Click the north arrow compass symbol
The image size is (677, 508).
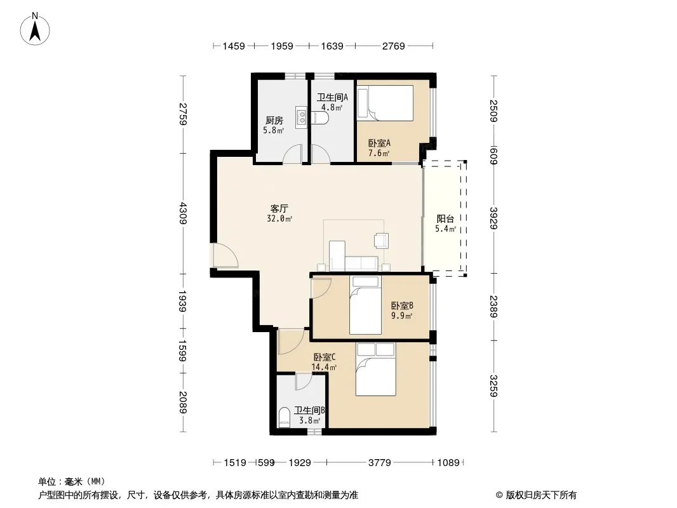[x=35, y=29]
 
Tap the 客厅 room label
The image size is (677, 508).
[x=279, y=209]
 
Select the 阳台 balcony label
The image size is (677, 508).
[x=445, y=219]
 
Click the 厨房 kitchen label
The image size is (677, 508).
[x=274, y=121]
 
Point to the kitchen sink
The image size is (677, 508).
[x=302, y=117]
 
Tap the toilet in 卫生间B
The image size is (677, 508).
[x=285, y=417]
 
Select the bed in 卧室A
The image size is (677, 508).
[x=385, y=103]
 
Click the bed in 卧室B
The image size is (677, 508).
[x=365, y=305]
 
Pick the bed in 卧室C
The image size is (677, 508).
[x=375, y=369]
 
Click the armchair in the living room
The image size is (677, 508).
[x=381, y=241]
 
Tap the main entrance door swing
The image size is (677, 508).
[x=225, y=256]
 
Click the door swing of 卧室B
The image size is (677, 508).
[x=321, y=288]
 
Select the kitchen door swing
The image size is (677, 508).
[x=292, y=154]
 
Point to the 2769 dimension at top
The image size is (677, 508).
[x=393, y=46]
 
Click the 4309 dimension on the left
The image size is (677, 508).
[x=183, y=213]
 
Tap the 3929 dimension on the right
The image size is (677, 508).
[x=494, y=218]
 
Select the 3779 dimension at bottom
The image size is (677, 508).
[x=380, y=463]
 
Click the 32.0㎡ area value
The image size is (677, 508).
[x=279, y=219]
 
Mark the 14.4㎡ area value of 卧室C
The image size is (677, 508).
[x=324, y=367]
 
